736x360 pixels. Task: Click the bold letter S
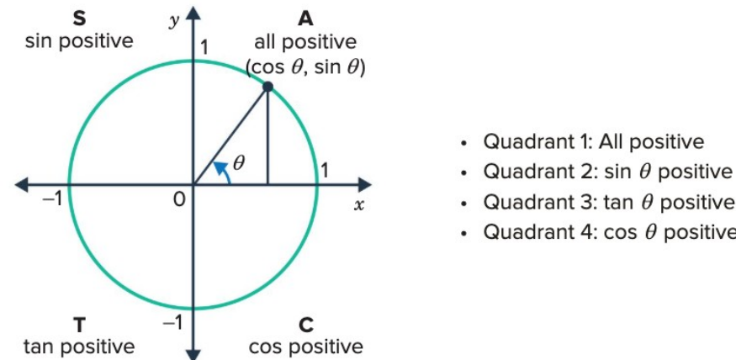79,19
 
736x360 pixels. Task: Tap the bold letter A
305,19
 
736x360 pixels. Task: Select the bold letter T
79,326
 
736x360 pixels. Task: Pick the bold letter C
305,326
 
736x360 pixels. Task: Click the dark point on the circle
267,87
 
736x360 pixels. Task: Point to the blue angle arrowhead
220,167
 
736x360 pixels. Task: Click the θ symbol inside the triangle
239,163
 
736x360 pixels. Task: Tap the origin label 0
179,200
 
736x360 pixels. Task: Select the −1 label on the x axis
52,199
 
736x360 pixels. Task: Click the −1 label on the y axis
172,323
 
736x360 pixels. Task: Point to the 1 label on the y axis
204,47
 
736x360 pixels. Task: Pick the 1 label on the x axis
324,171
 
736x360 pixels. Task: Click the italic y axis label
175,22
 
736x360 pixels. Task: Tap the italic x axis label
359,205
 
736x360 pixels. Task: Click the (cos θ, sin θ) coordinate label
305,68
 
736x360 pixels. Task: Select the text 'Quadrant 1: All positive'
594,141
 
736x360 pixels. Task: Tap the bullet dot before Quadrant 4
464,232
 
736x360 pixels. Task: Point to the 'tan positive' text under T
79,347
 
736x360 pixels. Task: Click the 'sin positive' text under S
79,41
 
